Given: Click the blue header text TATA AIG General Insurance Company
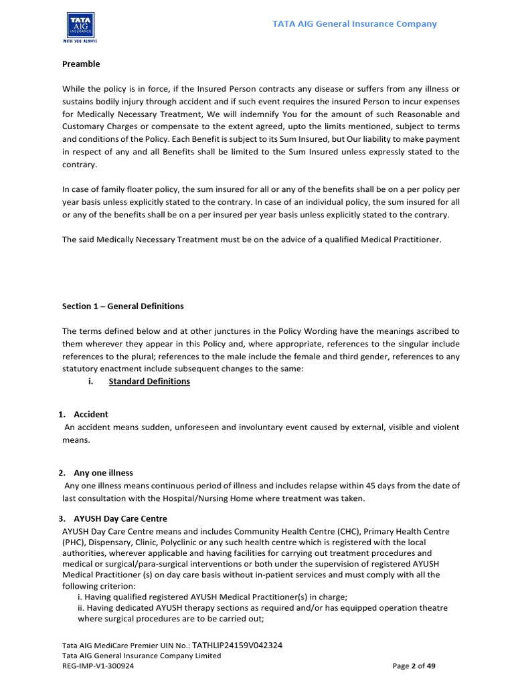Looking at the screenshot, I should (354, 24).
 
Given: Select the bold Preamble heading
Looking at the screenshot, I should (81, 64).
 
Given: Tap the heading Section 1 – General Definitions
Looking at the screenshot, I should (122, 306).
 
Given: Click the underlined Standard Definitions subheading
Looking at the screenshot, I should (149, 381).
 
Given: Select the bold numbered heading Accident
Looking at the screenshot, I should (91, 414).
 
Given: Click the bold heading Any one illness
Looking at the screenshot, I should (103, 473).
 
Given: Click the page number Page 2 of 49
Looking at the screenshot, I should (414, 666).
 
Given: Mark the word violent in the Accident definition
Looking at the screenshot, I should (444, 427).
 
